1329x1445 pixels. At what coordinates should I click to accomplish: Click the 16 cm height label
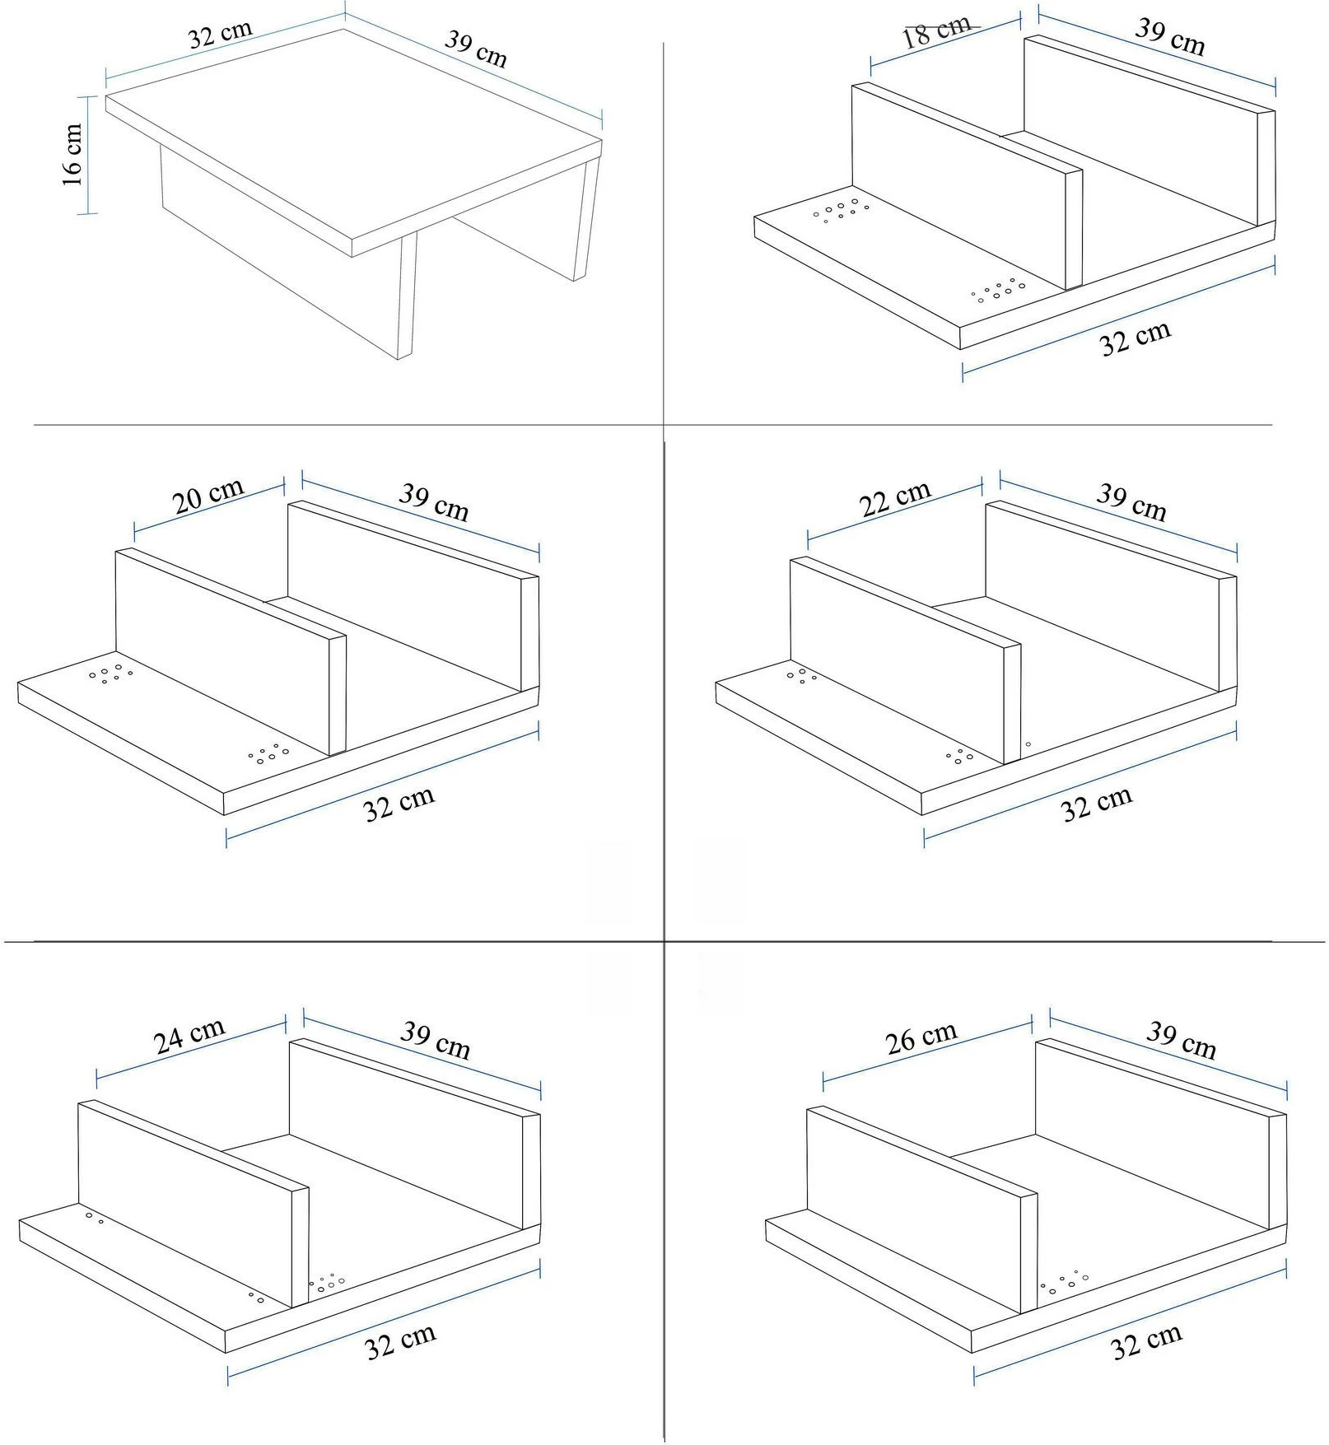click(72, 155)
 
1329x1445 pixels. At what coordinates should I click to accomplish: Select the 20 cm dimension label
click(208, 496)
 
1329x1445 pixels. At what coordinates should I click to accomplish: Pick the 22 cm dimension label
click(895, 499)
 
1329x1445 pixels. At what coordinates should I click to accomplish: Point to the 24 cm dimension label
click(189, 1036)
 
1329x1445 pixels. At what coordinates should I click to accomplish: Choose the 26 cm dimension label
click(921, 1039)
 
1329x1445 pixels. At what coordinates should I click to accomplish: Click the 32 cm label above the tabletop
click(220, 35)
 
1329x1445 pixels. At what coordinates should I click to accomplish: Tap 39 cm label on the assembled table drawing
click(476, 48)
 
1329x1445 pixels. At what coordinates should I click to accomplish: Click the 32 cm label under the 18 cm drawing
click(1135, 338)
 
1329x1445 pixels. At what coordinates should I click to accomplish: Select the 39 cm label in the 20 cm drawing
click(434, 502)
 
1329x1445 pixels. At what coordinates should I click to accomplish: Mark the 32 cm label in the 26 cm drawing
click(1146, 1342)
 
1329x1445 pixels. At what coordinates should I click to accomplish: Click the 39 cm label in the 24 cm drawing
click(436, 1040)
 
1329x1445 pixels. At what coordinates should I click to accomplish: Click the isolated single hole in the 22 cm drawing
click(1028, 744)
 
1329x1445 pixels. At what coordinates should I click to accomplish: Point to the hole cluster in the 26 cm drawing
click(1064, 1282)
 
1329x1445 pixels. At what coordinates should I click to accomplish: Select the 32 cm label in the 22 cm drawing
click(1097, 804)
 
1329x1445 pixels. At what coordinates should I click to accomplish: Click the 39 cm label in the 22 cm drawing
click(1131, 502)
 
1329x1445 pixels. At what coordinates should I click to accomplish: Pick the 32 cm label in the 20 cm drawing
click(399, 804)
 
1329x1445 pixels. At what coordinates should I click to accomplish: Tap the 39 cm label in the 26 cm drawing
click(1182, 1040)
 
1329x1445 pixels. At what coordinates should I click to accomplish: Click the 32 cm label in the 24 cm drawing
click(400, 1342)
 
